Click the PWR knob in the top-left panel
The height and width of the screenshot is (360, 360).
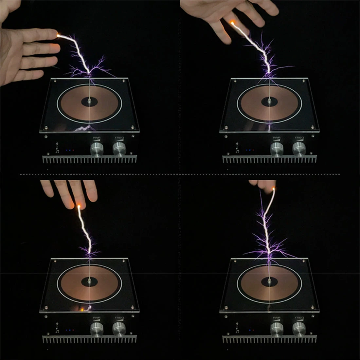(x=97, y=149)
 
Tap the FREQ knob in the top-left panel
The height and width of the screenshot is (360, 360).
(x=119, y=149)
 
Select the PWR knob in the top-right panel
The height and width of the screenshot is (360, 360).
(x=277, y=149)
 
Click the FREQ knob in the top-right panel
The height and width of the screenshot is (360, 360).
(x=299, y=149)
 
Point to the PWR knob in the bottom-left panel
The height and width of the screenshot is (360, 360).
(x=97, y=329)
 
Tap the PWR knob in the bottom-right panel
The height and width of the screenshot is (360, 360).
(x=277, y=329)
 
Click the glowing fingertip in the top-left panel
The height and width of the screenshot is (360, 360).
(x=58, y=34)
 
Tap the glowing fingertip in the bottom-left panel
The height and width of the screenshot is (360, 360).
(x=79, y=206)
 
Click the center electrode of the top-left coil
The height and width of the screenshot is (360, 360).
(x=89, y=101)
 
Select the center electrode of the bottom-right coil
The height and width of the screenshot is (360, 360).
(x=269, y=281)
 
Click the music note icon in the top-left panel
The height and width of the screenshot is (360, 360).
(x=57, y=152)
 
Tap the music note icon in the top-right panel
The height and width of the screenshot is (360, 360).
(x=237, y=151)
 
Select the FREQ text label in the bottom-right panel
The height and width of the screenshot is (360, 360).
(x=299, y=318)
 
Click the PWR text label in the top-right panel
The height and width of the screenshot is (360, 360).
(x=277, y=138)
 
